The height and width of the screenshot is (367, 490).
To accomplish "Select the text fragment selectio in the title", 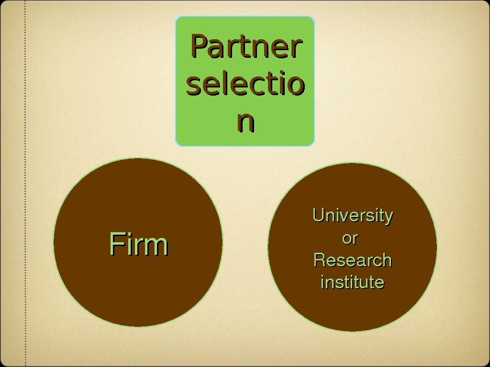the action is [x=245, y=85].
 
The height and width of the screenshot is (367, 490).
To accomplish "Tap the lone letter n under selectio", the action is [x=245, y=122].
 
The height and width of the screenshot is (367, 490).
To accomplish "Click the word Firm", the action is [x=138, y=244].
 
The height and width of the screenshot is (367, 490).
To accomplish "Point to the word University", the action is [x=353, y=216].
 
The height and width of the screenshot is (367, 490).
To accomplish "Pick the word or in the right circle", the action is [x=350, y=238].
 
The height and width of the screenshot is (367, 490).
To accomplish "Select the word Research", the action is [x=353, y=260].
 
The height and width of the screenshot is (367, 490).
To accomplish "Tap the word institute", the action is [x=353, y=282].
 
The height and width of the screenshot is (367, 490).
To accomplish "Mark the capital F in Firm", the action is [x=115, y=244].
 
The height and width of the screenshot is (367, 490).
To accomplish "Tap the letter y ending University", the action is [x=389, y=217].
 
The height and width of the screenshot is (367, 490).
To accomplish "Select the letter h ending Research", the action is [x=387, y=260].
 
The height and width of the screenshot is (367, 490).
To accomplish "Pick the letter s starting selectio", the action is [x=193, y=86].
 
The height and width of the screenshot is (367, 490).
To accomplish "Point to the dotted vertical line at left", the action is [x=25, y=191].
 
